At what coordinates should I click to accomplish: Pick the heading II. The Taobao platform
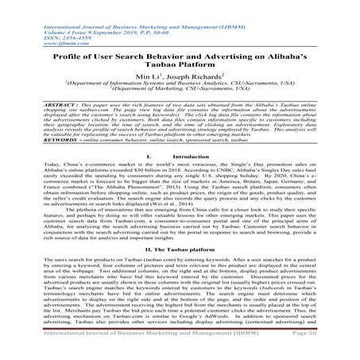[180, 248]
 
